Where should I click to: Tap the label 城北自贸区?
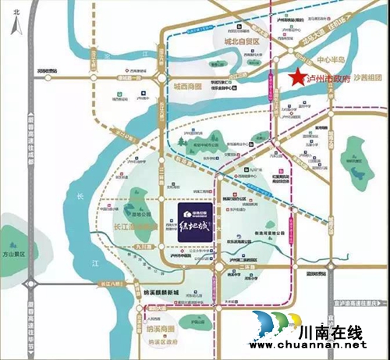[242, 41]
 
